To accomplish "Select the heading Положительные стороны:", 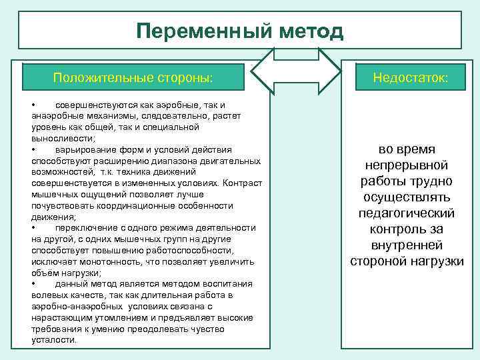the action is click(133, 78).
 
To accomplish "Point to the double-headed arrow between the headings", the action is click(295, 78).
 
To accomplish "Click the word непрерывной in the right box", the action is click(407, 165).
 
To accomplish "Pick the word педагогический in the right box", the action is click(407, 213).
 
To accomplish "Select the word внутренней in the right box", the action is click(407, 245).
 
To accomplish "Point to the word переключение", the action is click(87, 227).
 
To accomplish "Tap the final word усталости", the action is click(53, 339).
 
